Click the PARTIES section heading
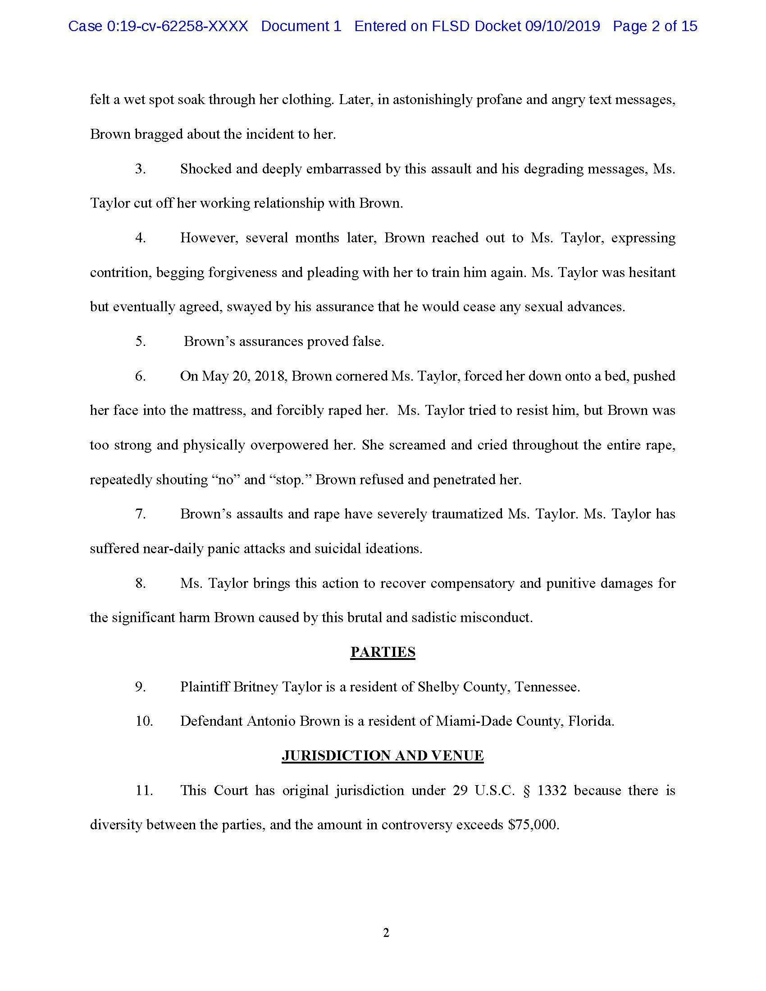(383, 652)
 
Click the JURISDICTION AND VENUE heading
(383, 755)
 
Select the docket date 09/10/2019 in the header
(562, 26)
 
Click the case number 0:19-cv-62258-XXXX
(178, 26)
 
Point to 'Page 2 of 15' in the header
(655, 26)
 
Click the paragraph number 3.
(140, 169)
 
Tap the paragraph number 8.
(140, 583)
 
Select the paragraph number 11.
(144, 790)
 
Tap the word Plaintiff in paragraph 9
(205, 686)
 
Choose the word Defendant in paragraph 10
(211, 721)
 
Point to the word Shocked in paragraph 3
(205, 169)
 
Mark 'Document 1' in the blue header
(301, 26)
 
